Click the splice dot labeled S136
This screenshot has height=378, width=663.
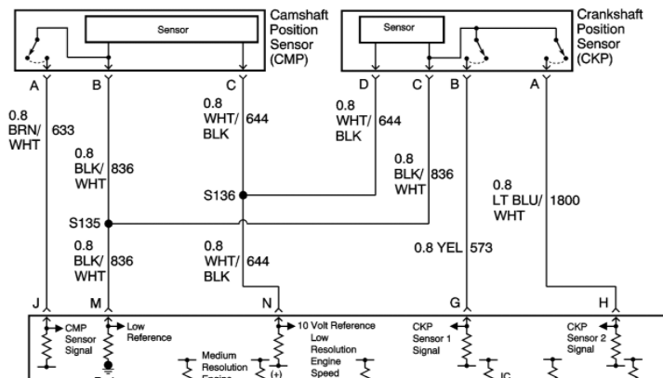pyautogui.click(x=243, y=196)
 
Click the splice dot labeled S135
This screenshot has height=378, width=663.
pyautogui.click(x=109, y=224)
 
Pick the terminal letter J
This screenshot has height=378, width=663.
pyautogui.click(x=34, y=302)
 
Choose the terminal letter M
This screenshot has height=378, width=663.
pyautogui.click(x=96, y=302)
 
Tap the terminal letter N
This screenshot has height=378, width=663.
pyautogui.click(x=267, y=302)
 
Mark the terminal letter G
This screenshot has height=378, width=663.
pyautogui.click(x=455, y=302)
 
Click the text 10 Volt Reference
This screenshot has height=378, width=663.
pyautogui.click(x=336, y=326)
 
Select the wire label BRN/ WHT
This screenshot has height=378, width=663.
pyautogui.click(x=25, y=131)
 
